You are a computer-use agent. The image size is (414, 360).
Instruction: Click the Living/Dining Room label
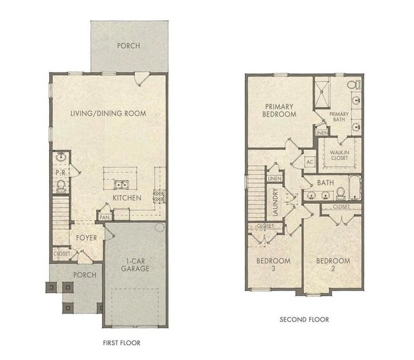click(108, 113)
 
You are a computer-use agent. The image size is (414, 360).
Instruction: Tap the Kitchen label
click(127, 198)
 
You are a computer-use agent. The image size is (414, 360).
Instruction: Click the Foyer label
click(86, 238)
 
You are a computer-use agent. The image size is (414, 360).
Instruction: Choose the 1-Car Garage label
click(136, 264)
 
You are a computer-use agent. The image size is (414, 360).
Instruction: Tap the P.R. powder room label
click(62, 172)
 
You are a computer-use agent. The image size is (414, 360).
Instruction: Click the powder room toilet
click(62, 185)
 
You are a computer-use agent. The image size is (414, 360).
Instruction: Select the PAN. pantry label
click(103, 217)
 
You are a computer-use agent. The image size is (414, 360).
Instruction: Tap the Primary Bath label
click(339, 118)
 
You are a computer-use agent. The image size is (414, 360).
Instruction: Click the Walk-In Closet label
click(338, 154)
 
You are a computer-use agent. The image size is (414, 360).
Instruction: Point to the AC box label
click(311, 162)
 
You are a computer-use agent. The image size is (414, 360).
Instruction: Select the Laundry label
click(276, 203)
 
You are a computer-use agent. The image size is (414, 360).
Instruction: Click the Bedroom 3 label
click(273, 265)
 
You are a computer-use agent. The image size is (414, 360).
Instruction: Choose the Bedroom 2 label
click(333, 265)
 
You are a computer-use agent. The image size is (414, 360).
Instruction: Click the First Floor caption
click(122, 343)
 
